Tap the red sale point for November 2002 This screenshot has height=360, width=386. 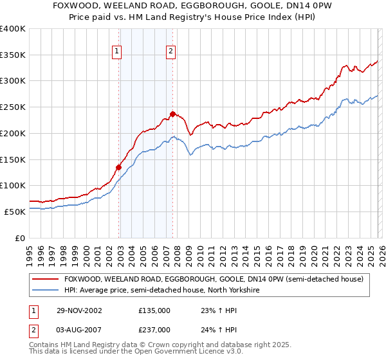pyautogui.click(x=119, y=167)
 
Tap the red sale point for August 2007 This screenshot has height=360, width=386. pyautogui.click(x=172, y=114)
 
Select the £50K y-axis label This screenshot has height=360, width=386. pyautogui.click(x=15, y=212)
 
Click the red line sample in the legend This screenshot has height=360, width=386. pyautogui.click(x=46, y=279)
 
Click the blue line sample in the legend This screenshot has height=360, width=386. pyautogui.click(x=46, y=290)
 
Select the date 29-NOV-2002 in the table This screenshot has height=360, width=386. pyautogui.click(x=76, y=310)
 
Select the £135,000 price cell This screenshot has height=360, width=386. pyautogui.click(x=154, y=310)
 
